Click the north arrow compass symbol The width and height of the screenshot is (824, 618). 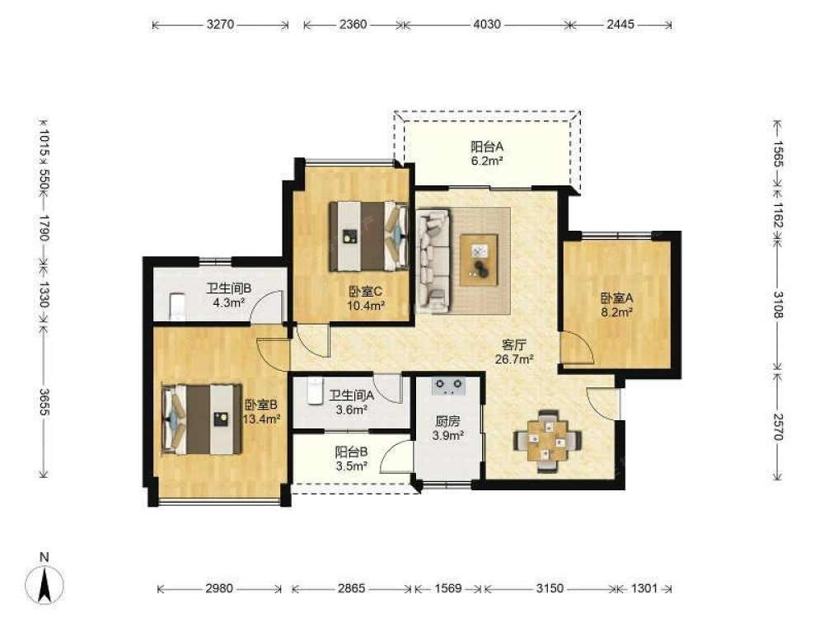tap(44, 583)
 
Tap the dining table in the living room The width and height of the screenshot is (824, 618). tap(548, 441)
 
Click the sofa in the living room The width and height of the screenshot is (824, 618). tap(433, 260)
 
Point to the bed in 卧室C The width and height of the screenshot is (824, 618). tap(369, 236)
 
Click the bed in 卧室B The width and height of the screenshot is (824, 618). tap(201, 419)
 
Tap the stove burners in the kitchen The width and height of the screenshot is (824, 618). tap(448, 386)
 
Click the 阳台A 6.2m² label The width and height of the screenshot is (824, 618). tap(487, 153)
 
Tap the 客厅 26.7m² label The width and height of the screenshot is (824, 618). tap(514, 352)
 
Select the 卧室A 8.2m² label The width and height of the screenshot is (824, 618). tap(617, 305)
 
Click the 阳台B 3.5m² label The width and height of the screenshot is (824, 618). tap(351, 458)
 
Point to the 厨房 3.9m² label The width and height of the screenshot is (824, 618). tap(447, 428)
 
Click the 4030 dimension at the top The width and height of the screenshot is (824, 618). tap(487, 24)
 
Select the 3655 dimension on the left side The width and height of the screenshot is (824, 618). tap(44, 402)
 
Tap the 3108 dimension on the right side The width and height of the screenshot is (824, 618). tap(779, 304)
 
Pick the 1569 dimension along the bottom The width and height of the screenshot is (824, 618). tap(448, 588)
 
